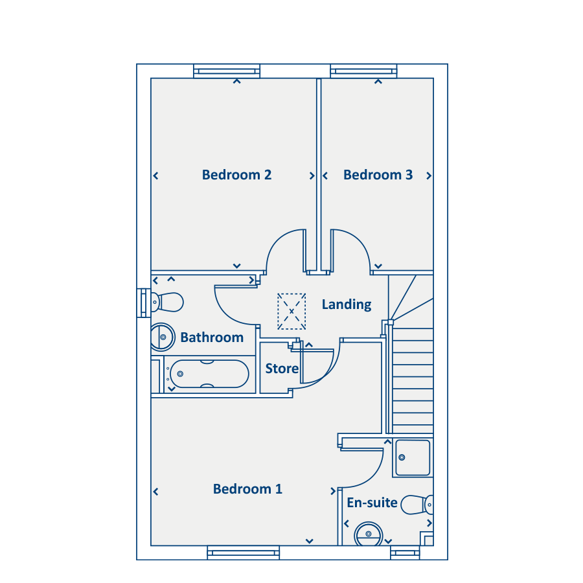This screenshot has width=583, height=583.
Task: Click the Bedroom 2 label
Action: click(237, 175)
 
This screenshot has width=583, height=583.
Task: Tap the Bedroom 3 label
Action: click(378, 175)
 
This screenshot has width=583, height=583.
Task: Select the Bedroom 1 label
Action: click(247, 489)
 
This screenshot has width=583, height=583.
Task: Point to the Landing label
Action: click(347, 304)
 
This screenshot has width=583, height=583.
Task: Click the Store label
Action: click(282, 369)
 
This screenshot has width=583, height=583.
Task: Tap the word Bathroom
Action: click(212, 337)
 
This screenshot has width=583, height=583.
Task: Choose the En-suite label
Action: click(372, 503)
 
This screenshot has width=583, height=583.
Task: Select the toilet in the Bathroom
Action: click(167, 302)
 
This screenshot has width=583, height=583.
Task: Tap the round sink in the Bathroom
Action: click(163, 337)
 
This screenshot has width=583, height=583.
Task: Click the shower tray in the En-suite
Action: click(413, 458)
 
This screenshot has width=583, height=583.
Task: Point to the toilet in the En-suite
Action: click(417, 505)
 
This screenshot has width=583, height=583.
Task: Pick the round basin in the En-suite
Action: click(369, 534)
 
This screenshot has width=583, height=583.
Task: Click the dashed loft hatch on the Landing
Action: click(291, 311)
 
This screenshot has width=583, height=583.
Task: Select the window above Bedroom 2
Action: click(227, 71)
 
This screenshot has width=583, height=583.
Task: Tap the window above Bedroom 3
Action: click(363, 71)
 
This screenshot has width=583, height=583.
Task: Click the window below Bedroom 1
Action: click(243, 553)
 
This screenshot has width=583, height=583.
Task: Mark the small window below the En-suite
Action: click(405, 553)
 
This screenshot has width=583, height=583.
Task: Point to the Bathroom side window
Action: click(144, 303)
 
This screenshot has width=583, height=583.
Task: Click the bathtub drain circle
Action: click(180, 374)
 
